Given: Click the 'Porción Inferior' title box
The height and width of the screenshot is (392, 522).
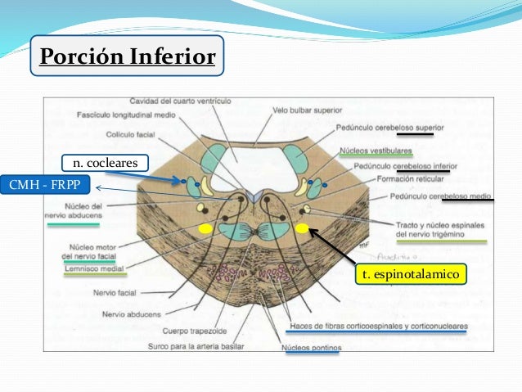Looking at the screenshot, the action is point(127,56).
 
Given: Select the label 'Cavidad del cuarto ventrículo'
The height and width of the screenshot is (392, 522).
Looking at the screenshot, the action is point(180,101).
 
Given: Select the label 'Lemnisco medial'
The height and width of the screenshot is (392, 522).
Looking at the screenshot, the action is point(92,268).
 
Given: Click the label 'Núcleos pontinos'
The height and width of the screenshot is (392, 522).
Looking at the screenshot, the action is point(312,349).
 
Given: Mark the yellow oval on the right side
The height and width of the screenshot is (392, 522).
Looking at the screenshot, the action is point(303,228).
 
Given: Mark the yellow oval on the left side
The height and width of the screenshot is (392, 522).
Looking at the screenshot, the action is point(205,228).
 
